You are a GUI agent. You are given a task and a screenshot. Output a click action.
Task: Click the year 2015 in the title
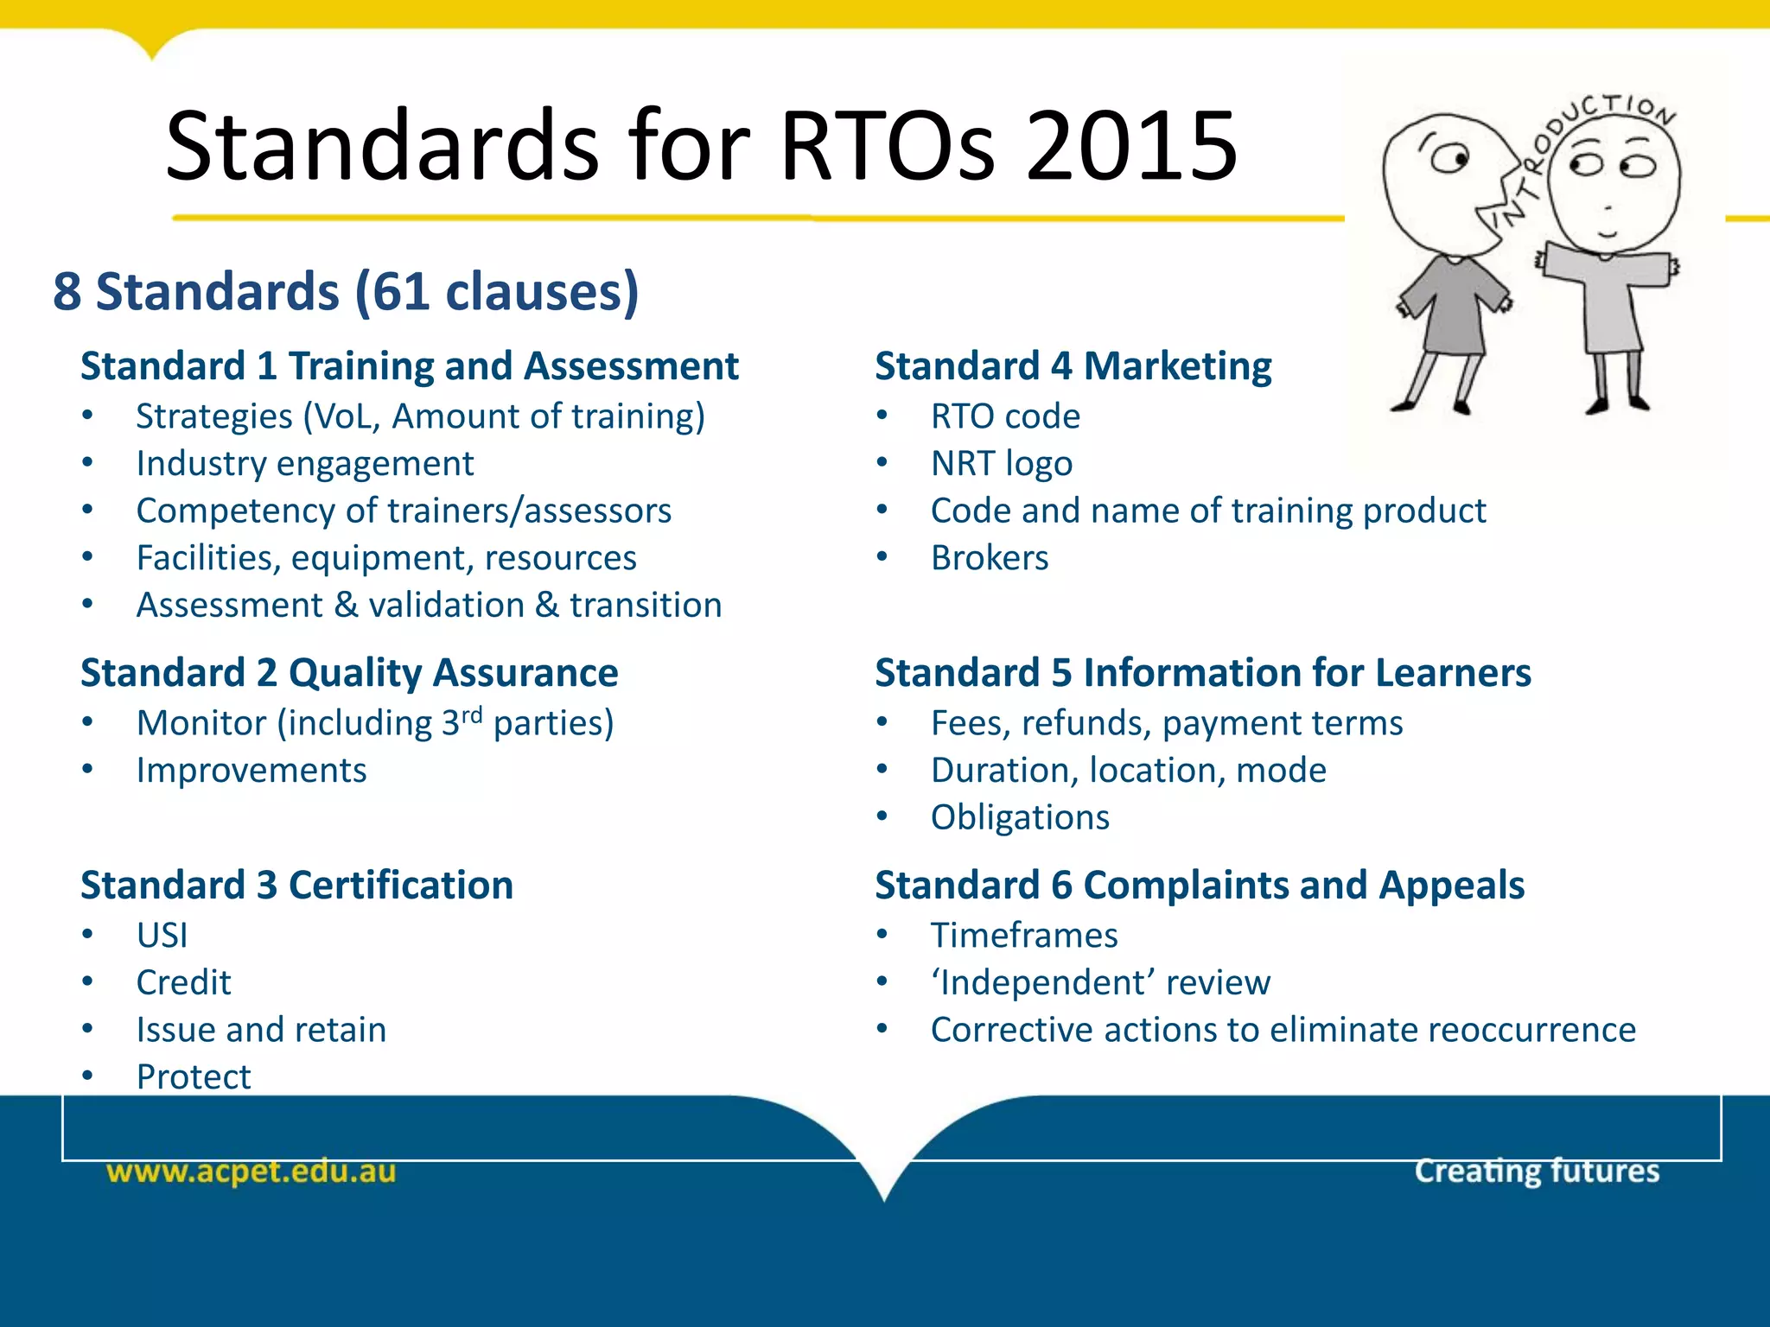[x=1132, y=147]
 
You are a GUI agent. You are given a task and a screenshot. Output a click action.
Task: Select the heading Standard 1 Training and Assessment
[x=410, y=366]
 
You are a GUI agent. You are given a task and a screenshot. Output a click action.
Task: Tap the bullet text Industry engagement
[x=304, y=464]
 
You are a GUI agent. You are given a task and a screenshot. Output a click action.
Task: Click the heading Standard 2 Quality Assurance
[x=349, y=673]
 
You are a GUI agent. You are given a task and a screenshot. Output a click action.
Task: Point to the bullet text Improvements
[x=251, y=771]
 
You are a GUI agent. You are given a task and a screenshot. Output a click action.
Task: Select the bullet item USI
[x=162, y=936]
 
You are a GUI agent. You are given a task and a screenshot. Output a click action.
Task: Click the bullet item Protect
[x=193, y=1077]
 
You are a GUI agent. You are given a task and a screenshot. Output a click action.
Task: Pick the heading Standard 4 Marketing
[x=1073, y=366]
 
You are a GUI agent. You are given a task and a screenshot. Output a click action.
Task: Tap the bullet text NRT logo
[x=1001, y=464]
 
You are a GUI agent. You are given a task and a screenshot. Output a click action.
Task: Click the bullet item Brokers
[x=989, y=558]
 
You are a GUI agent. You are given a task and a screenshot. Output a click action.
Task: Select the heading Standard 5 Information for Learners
[x=1202, y=673]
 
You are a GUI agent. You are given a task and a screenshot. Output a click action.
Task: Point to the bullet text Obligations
[x=1019, y=817]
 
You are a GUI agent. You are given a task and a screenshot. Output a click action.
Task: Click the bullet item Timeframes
[x=1023, y=936]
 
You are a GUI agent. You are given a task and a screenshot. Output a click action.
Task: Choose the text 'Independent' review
[x=1099, y=983]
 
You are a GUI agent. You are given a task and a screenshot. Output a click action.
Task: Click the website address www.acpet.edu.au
[x=251, y=1171]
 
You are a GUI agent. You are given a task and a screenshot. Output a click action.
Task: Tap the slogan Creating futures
[x=1536, y=1171]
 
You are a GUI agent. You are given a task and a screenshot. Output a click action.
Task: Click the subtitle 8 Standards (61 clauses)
[x=346, y=291]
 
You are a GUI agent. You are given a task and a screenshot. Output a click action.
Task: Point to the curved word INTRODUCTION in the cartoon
[x=1582, y=138]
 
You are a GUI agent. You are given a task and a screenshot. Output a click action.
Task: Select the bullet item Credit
[x=183, y=983]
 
